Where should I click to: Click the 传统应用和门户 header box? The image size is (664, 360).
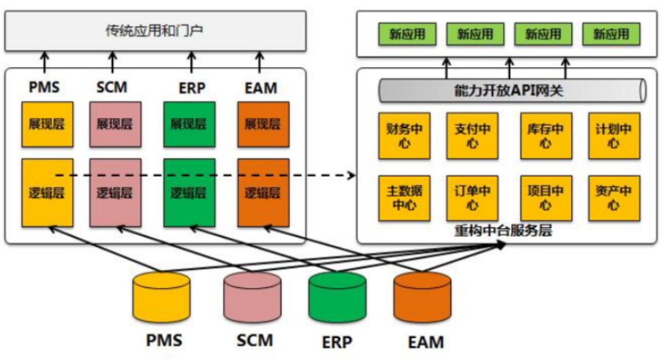tap(155, 31)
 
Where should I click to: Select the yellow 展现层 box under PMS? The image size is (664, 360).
tap(48, 124)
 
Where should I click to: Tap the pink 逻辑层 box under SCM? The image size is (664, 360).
tap(116, 193)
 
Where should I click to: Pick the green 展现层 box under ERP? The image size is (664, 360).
tap(189, 124)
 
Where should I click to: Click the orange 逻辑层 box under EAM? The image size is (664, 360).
tap(263, 193)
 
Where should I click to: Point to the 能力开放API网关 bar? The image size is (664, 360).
tap(513, 90)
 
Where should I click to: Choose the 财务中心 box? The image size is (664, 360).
tap(405, 136)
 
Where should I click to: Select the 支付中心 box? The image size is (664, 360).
tap(472, 136)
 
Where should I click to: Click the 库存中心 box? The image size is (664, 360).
tap(546, 136)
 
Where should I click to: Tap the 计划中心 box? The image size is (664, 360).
tap(615, 136)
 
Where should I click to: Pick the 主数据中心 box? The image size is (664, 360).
tap(405, 198)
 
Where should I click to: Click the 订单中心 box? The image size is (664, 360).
tap(472, 198)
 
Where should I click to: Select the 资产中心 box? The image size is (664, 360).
tap(615, 198)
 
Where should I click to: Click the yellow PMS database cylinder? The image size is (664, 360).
tap(161, 297)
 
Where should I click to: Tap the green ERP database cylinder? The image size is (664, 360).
tap(337, 297)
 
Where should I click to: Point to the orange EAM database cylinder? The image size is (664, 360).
tap(423, 297)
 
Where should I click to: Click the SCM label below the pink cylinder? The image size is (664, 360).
tap(255, 340)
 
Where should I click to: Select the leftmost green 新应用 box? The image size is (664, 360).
tap(407, 34)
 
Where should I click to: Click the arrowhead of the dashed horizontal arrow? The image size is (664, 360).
tap(352, 176)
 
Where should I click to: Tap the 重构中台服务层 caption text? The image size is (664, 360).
tap(503, 230)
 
